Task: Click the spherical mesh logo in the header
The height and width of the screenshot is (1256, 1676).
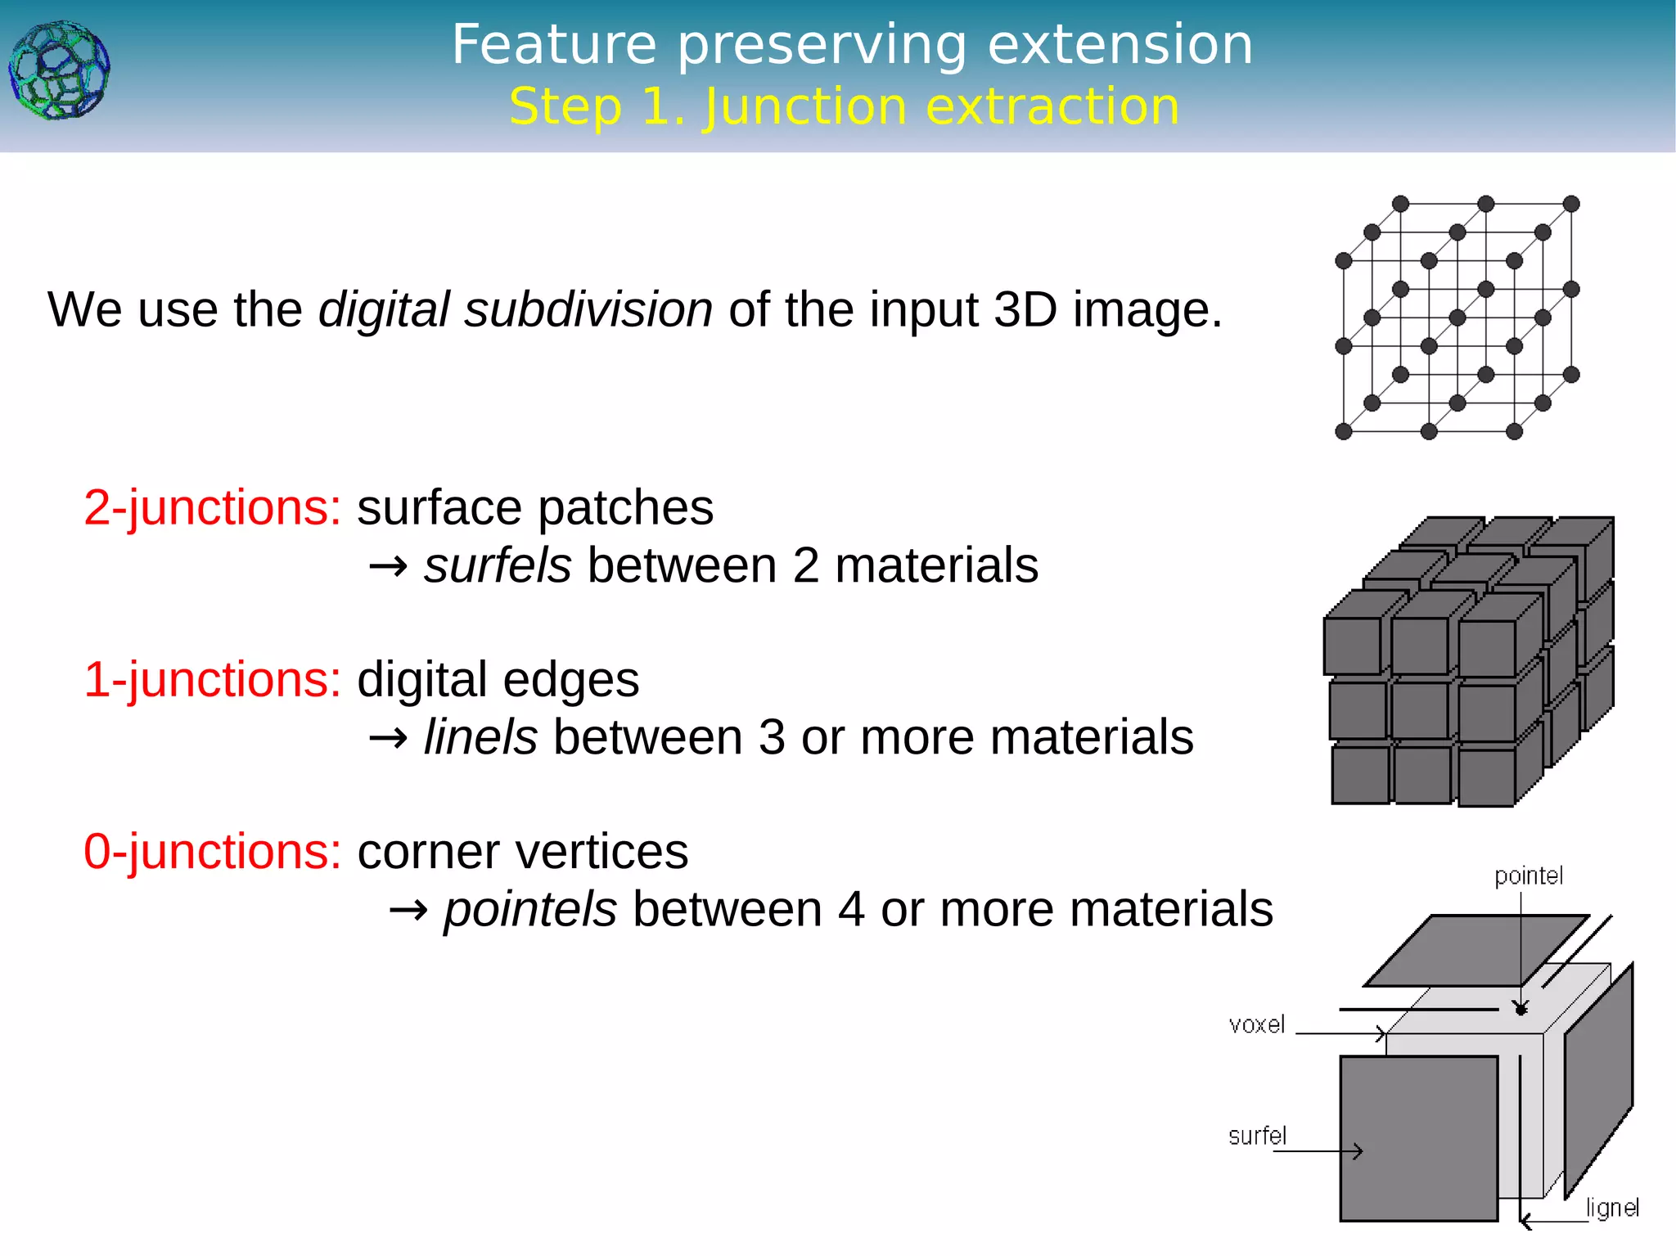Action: (x=59, y=70)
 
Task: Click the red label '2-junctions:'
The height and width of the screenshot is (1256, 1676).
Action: (x=212, y=507)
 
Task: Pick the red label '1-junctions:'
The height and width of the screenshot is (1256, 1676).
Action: (x=212, y=679)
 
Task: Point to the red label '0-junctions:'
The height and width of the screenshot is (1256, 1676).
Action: (x=212, y=851)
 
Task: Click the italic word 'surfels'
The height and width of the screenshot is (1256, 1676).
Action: (x=497, y=565)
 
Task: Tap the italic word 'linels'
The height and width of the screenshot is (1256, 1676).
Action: (x=480, y=737)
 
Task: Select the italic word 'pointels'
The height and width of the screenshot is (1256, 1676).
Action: (x=529, y=909)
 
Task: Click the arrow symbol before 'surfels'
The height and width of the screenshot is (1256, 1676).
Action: (x=388, y=566)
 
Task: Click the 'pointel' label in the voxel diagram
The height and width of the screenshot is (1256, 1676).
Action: (x=1528, y=876)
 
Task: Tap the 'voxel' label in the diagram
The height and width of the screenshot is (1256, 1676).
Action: (x=1256, y=1024)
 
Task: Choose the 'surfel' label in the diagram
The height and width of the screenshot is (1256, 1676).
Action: (x=1257, y=1136)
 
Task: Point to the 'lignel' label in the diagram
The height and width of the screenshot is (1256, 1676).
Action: (x=1611, y=1208)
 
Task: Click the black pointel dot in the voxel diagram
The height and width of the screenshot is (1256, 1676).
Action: (x=1521, y=1009)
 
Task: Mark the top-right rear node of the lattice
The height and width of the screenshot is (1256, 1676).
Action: (x=1570, y=204)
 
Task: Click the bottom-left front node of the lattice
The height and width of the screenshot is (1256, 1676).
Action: (x=1344, y=431)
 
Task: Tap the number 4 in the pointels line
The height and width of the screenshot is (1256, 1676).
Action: (x=851, y=909)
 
